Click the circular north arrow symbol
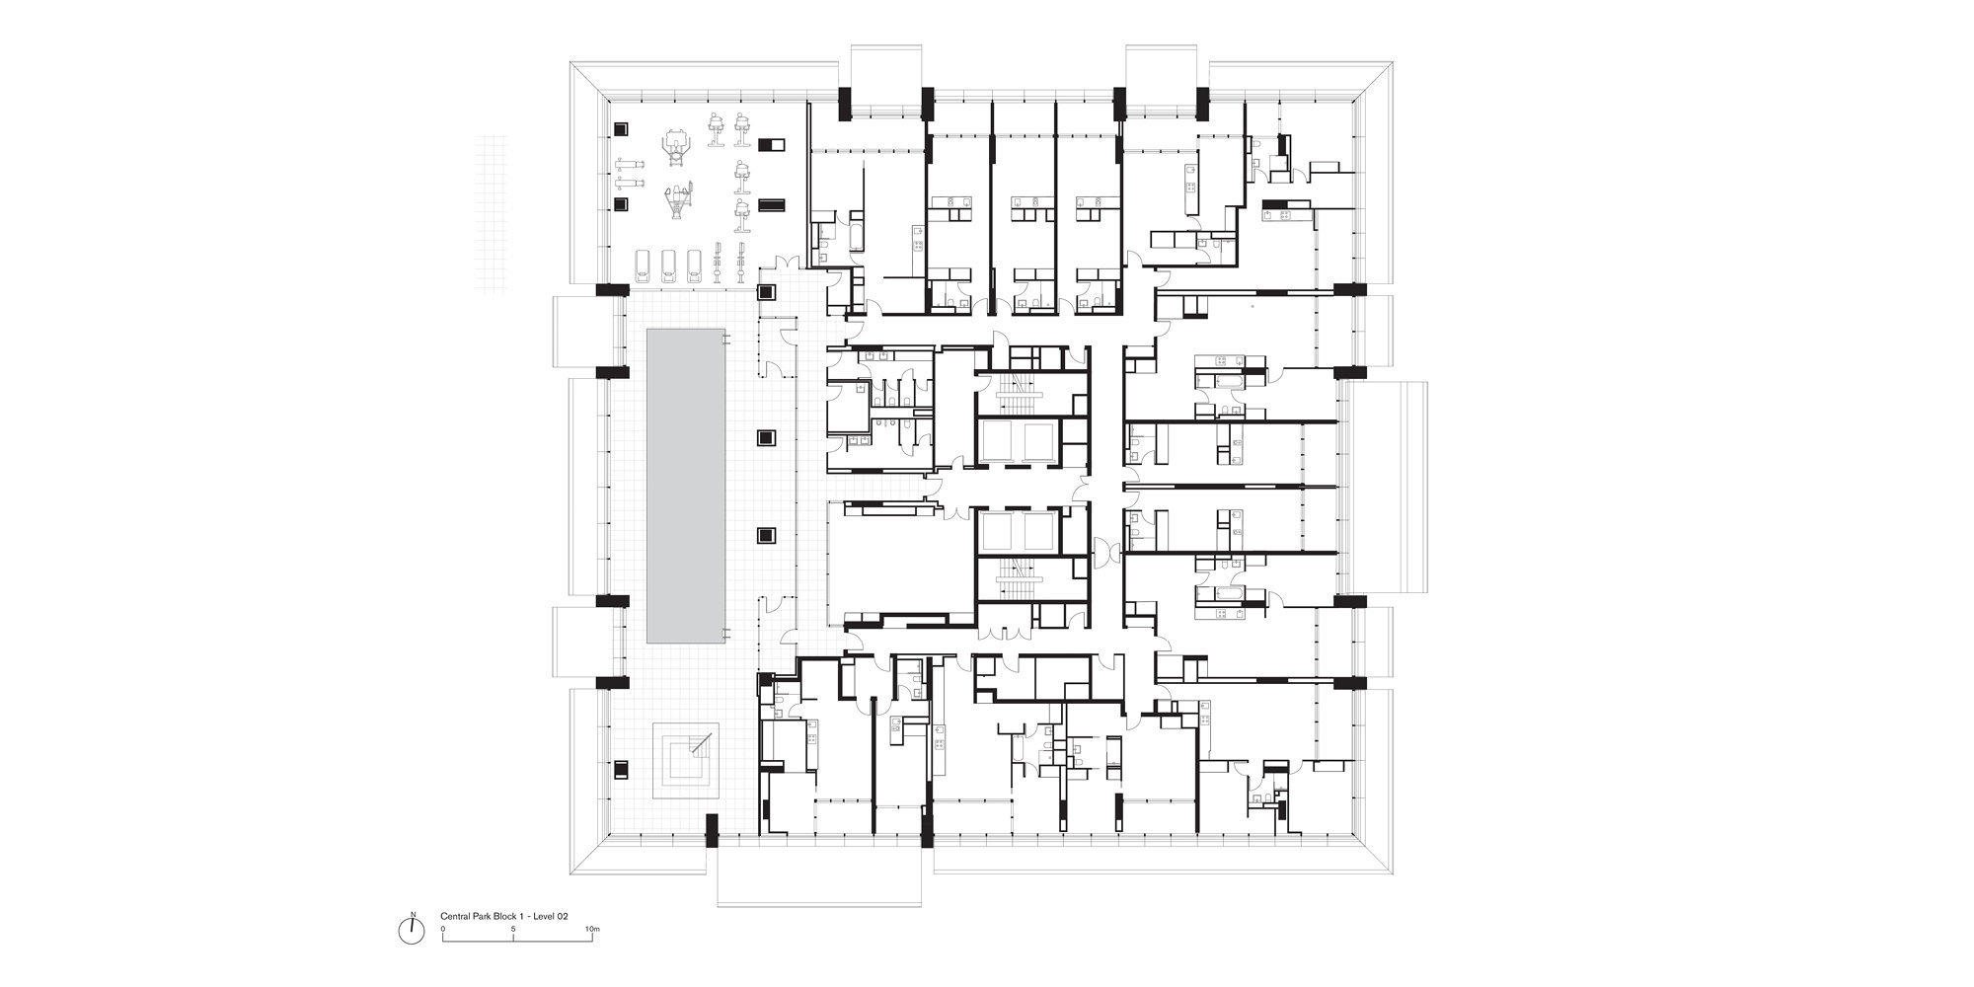coord(414,930)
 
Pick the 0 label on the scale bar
coord(443,929)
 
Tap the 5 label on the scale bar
coord(514,929)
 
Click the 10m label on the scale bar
coord(592,929)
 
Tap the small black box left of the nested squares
coord(622,768)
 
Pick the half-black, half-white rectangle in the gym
coord(772,145)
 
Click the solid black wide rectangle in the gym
coord(772,204)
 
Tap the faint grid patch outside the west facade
coord(500,212)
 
